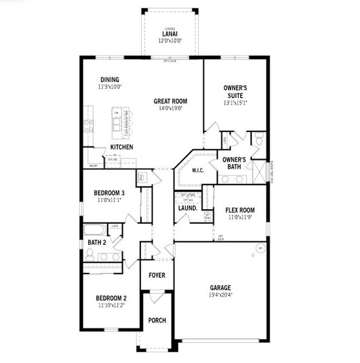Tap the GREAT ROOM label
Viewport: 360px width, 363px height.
coord(170,101)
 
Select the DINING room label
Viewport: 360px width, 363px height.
coord(110,79)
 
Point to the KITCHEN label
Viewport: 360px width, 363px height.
coord(122,148)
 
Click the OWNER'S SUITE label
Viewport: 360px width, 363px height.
coord(235,91)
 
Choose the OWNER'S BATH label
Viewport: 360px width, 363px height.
coord(233,163)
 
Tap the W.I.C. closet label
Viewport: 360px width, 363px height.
coord(197,171)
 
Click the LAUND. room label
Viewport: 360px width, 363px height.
coord(188,208)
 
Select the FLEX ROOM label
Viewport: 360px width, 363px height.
coord(240,211)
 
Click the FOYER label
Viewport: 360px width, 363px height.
coord(157,275)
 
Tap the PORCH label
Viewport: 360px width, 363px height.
coord(157,320)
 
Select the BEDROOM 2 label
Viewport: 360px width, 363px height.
coord(111,298)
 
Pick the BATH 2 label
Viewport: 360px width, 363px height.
coord(97,243)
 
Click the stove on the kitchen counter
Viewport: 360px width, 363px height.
coord(88,126)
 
